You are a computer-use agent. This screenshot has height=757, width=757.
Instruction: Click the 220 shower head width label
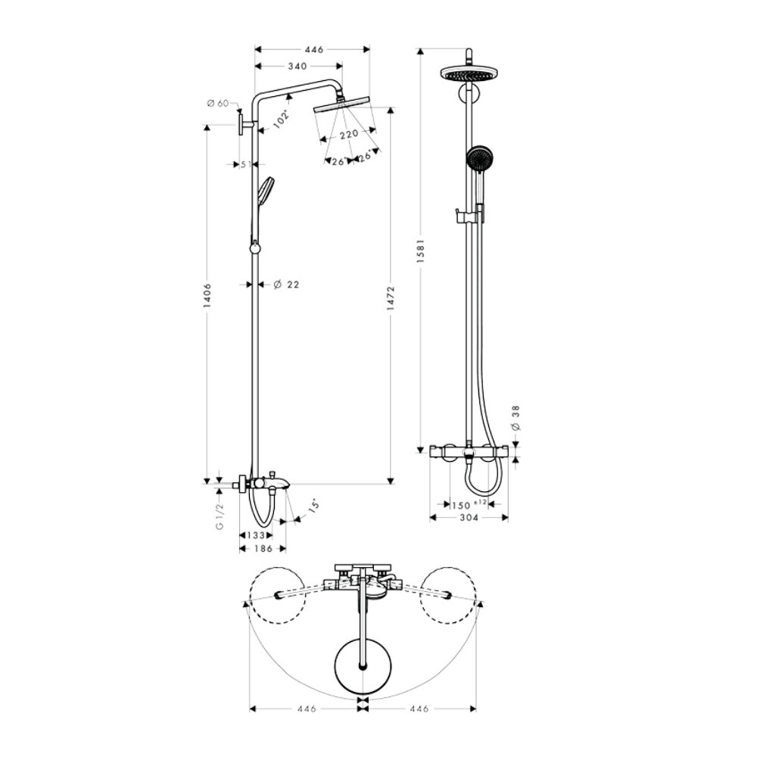348,134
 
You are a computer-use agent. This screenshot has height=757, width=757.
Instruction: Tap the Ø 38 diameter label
516,417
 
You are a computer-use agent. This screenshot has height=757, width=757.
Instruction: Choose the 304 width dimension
469,519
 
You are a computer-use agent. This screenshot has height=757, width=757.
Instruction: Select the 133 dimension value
256,534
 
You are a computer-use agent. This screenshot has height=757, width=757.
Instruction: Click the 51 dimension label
245,164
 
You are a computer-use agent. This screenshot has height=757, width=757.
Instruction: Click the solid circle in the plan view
365,665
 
